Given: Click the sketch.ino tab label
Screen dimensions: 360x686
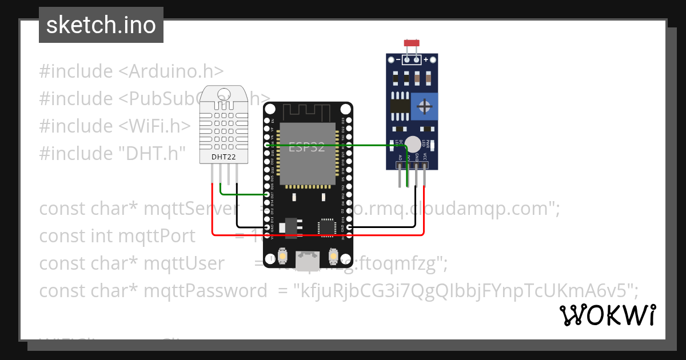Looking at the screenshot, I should (x=101, y=25).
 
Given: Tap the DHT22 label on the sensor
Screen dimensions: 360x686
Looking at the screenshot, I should (x=224, y=156).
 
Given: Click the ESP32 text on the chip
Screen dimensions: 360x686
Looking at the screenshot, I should (x=306, y=147).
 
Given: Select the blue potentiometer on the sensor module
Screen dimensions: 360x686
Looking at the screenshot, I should (x=424, y=106).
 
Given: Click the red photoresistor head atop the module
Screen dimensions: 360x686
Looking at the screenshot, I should (x=412, y=43).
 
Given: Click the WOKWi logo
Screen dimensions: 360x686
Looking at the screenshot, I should (x=607, y=315).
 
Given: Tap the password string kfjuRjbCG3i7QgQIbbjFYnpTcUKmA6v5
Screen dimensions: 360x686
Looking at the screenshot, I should (x=464, y=291).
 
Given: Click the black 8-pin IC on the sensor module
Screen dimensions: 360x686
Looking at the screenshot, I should (x=400, y=105).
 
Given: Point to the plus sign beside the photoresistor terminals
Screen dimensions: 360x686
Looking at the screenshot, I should (x=426, y=59).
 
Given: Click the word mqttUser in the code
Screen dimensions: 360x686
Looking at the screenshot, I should (x=184, y=263).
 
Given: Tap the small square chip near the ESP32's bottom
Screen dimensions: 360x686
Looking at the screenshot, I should (x=328, y=227).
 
